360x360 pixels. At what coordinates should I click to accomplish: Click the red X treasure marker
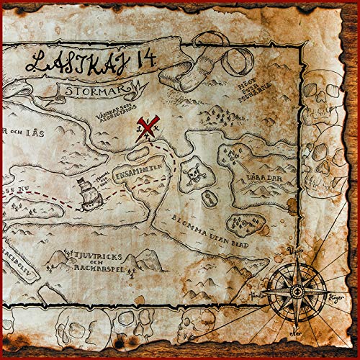tap(148, 129)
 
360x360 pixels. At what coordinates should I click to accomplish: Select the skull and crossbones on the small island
tap(193, 174)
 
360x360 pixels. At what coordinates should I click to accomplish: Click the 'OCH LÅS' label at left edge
tap(18, 132)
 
